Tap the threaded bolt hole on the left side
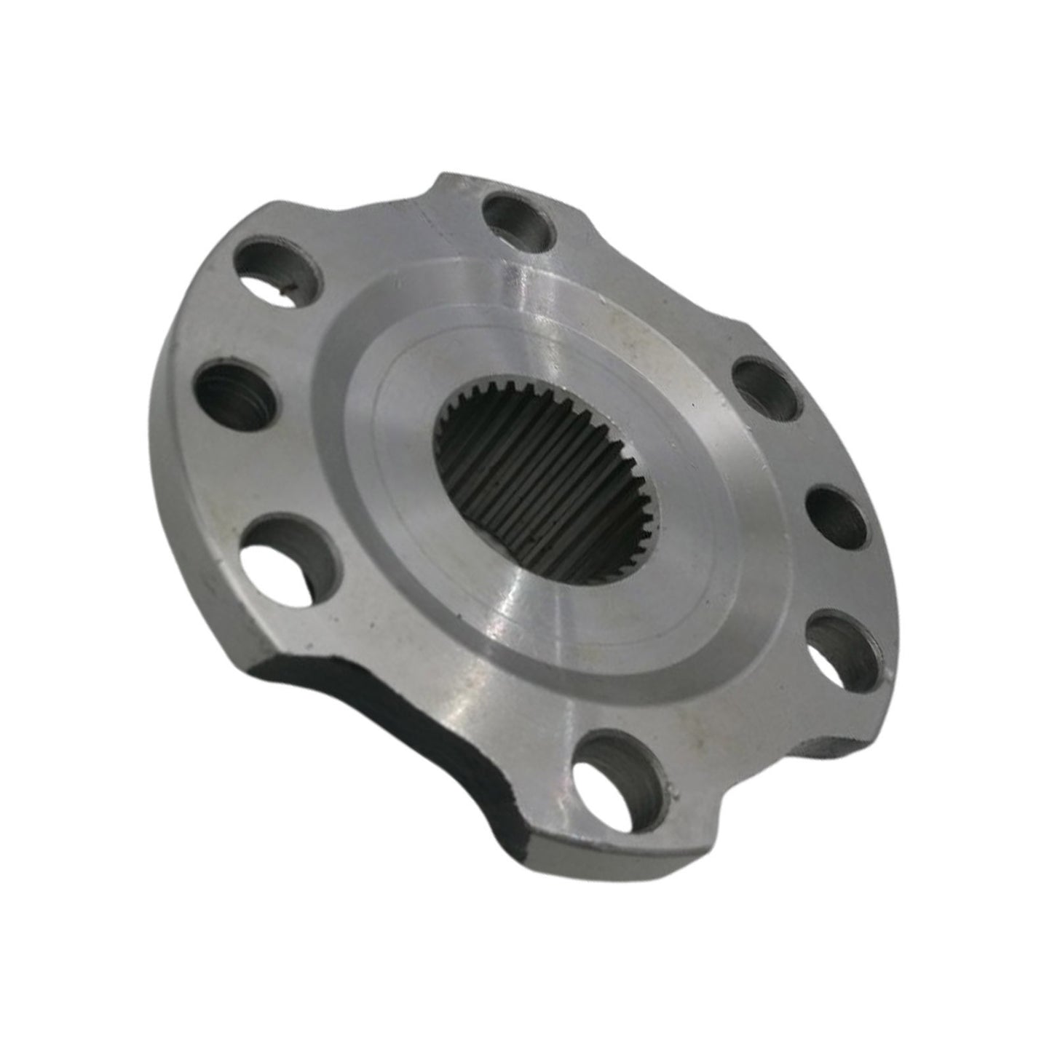click(x=236, y=396)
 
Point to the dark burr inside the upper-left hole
click(x=286, y=292)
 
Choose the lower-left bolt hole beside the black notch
click(x=288, y=558)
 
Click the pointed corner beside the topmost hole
click(x=443, y=179)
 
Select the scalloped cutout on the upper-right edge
click(x=655, y=291)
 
